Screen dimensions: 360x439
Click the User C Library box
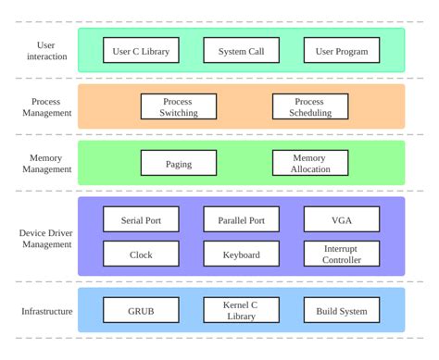(141, 51)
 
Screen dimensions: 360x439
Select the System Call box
(241, 51)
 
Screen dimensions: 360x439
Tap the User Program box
(342, 51)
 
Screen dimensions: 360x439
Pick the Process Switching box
(179, 107)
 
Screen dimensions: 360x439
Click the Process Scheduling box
(310, 107)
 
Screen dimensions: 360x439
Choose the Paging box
(179, 164)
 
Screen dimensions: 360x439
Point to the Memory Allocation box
(310, 164)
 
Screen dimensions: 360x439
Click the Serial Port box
(141, 220)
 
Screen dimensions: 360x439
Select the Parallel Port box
(241, 220)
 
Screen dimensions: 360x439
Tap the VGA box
(342, 220)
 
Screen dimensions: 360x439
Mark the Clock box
(141, 254)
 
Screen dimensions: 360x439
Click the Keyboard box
(241, 254)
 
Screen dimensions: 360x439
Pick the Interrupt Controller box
(342, 254)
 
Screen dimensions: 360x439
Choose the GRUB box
(141, 311)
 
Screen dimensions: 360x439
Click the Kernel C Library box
(241, 311)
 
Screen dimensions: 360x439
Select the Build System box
(342, 311)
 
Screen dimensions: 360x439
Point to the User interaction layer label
(46, 51)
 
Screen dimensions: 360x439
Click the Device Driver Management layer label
(46, 238)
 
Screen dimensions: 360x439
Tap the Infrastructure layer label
(46, 312)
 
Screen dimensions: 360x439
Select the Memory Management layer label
(46, 164)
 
